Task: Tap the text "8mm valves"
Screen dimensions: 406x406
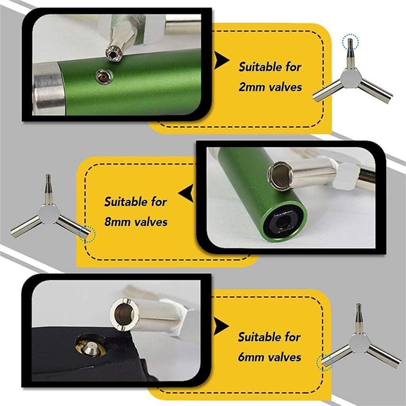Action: coord(136,222)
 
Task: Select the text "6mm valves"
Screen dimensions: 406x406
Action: coord(270,357)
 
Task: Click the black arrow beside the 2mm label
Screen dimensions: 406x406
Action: coord(221,60)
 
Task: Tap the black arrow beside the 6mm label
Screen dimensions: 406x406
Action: coord(220,326)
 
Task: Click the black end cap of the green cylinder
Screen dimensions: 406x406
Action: coord(283,222)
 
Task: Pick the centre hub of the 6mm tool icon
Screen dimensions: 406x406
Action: coord(359,343)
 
